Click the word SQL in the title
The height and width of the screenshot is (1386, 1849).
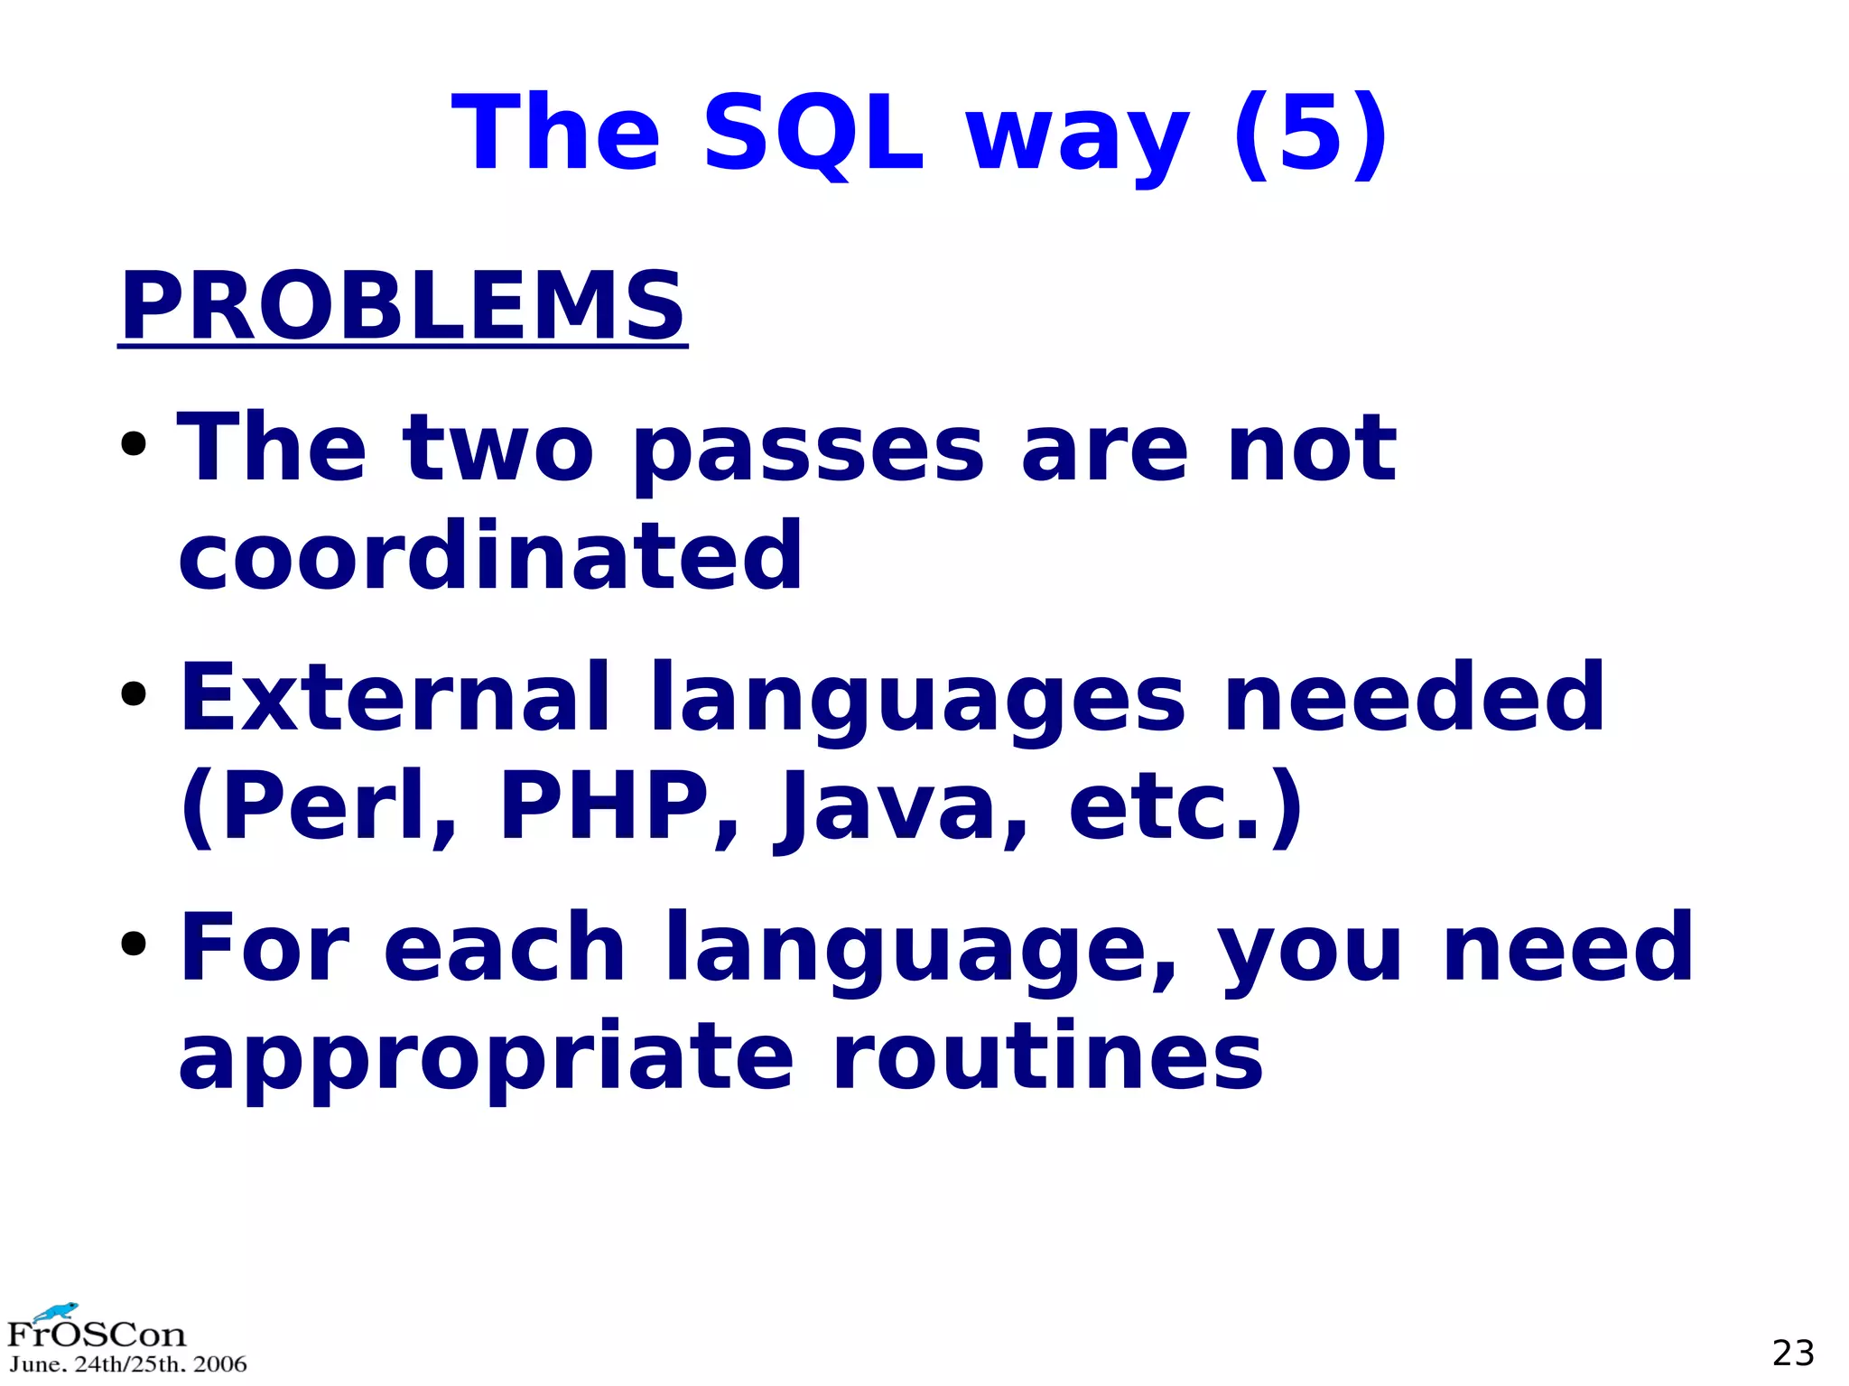813,134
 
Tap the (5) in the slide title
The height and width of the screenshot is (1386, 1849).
1310,134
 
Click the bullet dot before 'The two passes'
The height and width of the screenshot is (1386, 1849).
134,444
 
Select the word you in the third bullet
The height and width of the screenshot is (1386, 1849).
1310,950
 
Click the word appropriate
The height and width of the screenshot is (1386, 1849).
486,1057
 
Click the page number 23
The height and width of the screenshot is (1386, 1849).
1792,1353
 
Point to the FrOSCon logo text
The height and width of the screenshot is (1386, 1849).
96,1335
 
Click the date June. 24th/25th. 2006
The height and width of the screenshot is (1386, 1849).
127,1364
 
